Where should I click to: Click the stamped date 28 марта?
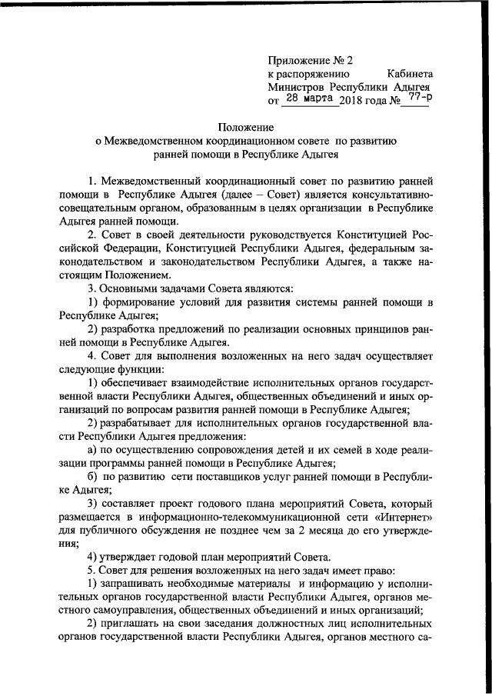tap(307, 99)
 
